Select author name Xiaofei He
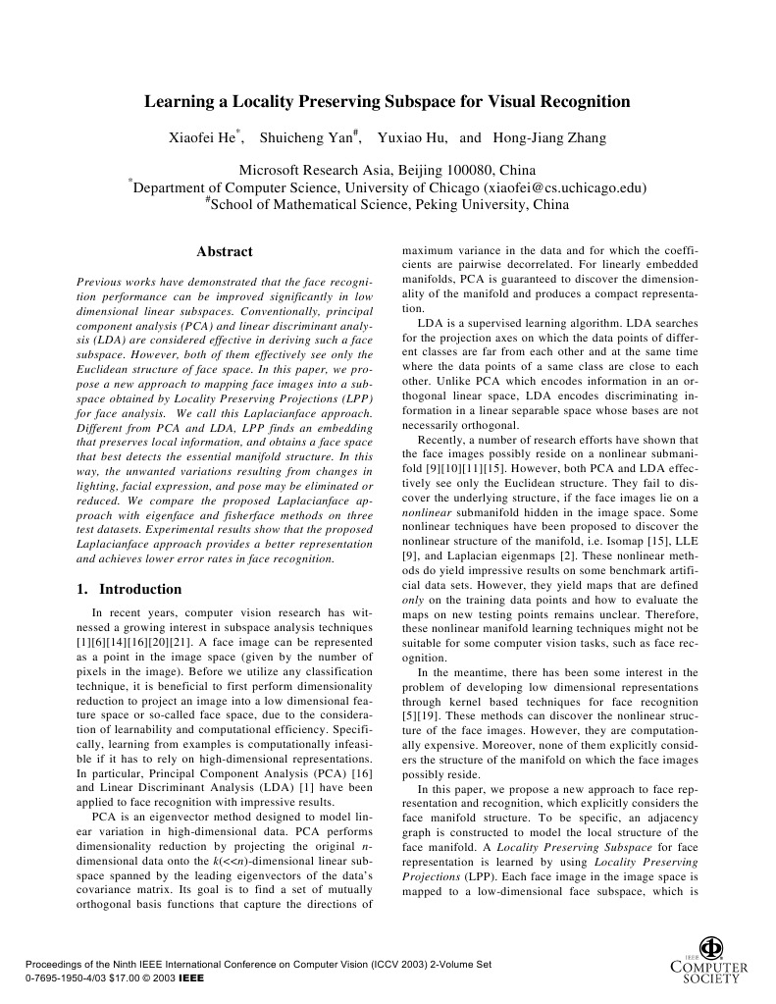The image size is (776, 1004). [203, 138]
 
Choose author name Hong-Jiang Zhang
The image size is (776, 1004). [549, 138]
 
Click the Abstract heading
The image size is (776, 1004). [225, 252]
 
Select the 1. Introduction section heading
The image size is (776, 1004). [129, 590]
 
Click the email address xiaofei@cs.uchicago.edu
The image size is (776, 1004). [564, 186]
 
